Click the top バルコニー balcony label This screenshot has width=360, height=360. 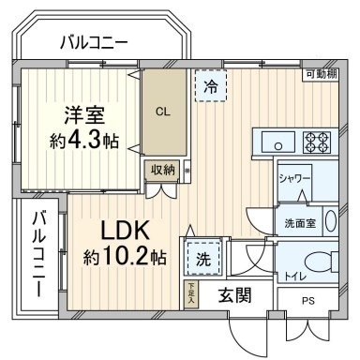tap(94, 41)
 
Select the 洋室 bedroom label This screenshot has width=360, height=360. tap(84, 115)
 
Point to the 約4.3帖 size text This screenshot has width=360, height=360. tap(84, 141)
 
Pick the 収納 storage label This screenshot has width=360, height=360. tap(162, 170)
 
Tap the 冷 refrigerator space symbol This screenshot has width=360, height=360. tap(209, 87)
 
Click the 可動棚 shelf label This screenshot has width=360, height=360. tap(322, 74)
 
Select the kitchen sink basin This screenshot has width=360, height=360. tap(277, 143)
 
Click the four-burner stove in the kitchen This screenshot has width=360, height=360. tap(317, 143)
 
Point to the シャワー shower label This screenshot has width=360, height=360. tap(293, 177)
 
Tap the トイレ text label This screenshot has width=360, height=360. tap(293, 276)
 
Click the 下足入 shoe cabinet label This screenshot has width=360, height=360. tap(190, 292)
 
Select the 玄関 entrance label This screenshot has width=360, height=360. tap(235, 296)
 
